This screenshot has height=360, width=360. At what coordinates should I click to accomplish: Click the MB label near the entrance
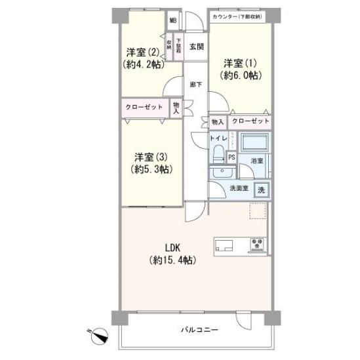tap(173, 20)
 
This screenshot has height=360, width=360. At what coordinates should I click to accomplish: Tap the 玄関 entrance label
tap(195, 47)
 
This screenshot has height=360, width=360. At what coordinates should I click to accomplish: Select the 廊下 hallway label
tap(195, 84)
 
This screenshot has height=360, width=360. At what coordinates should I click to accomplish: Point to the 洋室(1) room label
tap(241, 69)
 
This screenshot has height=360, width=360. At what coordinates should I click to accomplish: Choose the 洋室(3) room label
tap(153, 163)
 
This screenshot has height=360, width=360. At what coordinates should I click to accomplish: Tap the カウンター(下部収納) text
tap(237, 16)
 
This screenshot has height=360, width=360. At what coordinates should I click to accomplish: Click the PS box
tap(231, 157)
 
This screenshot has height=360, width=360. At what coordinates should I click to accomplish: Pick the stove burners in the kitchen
tap(256, 246)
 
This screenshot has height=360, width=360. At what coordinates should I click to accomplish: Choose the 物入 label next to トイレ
tap(217, 122)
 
